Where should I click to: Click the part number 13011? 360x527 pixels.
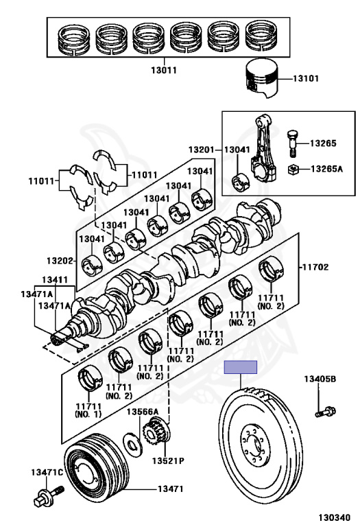tap(164, 70)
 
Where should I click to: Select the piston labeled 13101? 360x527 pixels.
tap(262, 79)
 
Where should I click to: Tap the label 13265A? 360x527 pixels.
tap(326, 169)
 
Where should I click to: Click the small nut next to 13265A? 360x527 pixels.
tap(293, 169)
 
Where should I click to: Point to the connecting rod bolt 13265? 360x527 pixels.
tap(293, 143)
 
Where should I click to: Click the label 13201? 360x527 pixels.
tap(201, 150)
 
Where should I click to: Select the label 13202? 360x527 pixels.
tap(60, 261)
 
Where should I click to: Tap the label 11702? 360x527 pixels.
tap(315, 267)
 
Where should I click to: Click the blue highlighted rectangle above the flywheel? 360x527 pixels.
tap(241, 367)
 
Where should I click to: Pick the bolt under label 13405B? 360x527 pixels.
tap(326, 411)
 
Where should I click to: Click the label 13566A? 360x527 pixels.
tap(143, 412)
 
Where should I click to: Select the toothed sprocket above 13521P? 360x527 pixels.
tap(156, 431)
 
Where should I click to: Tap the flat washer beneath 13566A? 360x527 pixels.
tap(132, 445)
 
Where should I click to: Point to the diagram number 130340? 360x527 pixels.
tap(334, 517)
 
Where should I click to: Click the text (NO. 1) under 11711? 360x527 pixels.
tap(88, 414)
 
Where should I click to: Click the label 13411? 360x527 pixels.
tap(55, 280)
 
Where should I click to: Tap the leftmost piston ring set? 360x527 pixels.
tap(74, 39)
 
